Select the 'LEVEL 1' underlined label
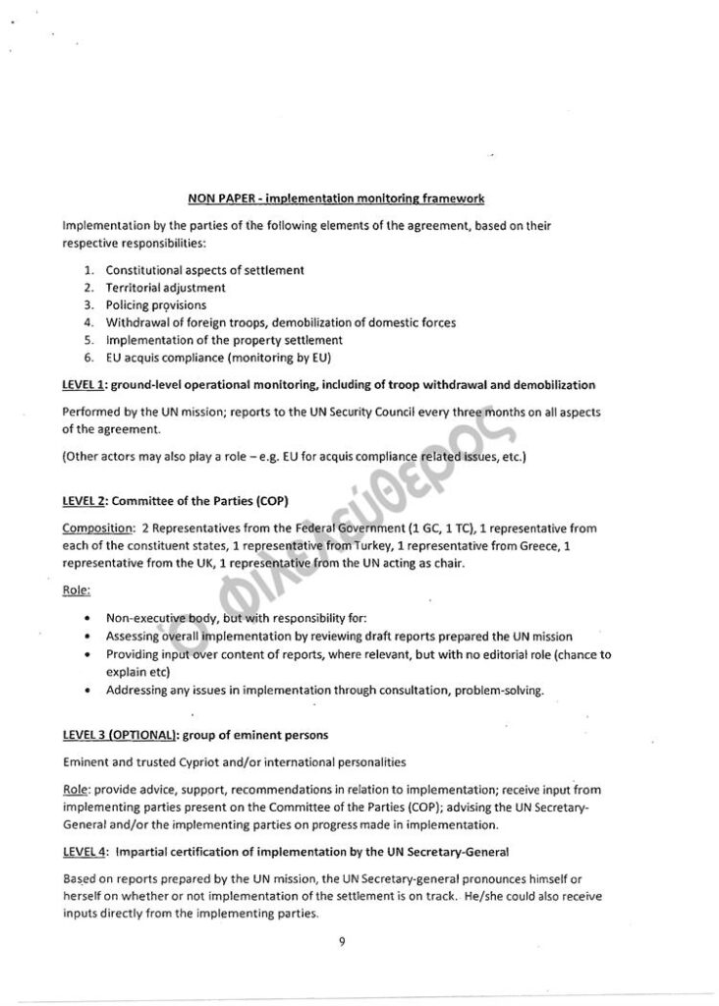[x=82, y=384]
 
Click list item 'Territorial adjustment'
[x=166, y=288]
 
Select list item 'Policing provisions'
[x=156, y=305]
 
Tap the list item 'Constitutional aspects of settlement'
[x=204, y=270]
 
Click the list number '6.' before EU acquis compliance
[x=88, y=357]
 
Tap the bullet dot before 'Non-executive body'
[x=89, y=619]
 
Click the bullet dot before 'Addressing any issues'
[x=89, y=691]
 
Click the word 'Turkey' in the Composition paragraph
[x=322, y=546]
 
